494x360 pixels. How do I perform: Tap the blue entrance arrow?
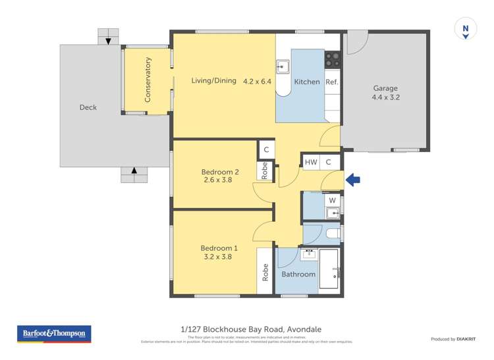coord(353,180)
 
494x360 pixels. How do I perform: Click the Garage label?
coord(385,88)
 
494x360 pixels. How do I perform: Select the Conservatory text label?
coord(148,80)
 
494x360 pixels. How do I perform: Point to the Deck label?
coord(88,107)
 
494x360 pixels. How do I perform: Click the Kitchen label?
coord(306,82)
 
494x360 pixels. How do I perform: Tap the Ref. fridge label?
coord(332,82)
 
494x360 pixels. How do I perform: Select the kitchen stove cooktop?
coord(332,59)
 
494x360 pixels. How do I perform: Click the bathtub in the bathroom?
coord(329,270)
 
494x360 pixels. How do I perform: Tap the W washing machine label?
coord(332,200)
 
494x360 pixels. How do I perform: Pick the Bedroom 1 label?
coord(219,248)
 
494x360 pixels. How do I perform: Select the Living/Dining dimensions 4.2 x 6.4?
coord(257,81)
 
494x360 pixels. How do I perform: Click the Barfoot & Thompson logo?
coord(54,334)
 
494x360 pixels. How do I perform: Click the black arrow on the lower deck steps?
coord(135,172)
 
